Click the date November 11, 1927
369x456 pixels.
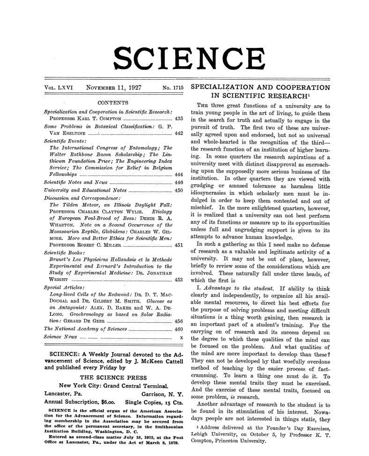coord(117,88)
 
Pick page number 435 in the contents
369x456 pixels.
coord(178,119)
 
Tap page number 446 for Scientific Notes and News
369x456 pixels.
coord(178,182)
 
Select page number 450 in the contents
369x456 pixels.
coord(178,190)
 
